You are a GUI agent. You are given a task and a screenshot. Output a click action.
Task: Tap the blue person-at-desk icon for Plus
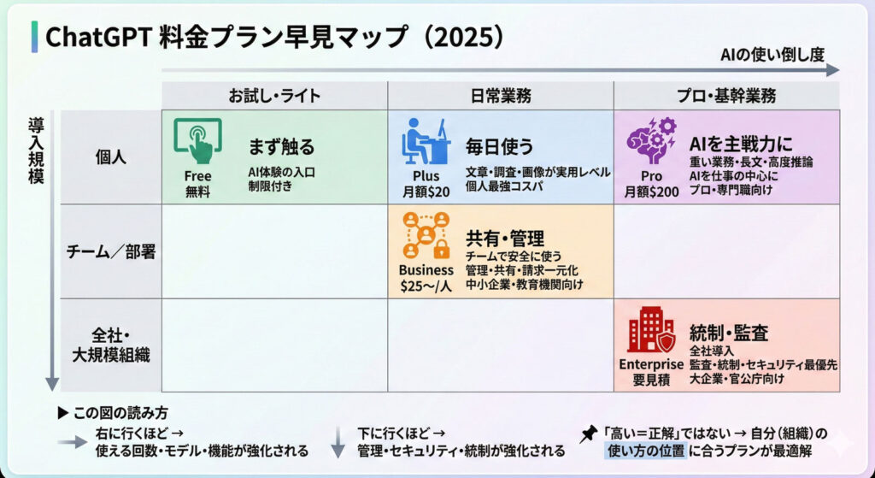426,141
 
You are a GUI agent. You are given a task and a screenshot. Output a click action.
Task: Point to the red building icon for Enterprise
651,329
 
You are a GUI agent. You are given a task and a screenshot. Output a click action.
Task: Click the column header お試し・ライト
274,96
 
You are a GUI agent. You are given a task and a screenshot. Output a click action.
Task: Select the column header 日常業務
501,96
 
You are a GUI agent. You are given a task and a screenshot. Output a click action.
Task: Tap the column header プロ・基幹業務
726,96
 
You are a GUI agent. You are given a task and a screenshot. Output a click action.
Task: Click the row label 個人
111,157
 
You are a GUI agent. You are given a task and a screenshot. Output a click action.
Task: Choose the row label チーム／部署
111,252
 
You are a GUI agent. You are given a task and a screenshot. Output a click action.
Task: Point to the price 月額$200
651,192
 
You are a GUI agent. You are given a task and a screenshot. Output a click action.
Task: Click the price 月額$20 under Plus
426,192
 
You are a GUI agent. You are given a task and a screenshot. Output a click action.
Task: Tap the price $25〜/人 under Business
426,286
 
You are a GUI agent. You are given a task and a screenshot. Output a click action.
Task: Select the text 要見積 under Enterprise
651,381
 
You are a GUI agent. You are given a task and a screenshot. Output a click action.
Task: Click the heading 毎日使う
499,147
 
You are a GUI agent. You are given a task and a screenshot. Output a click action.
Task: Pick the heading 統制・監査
730,333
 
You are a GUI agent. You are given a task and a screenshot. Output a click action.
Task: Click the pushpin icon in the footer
589,434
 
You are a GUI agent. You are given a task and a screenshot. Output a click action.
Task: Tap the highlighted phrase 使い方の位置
644,450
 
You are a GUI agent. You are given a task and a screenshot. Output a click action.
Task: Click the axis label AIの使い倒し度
772,54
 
